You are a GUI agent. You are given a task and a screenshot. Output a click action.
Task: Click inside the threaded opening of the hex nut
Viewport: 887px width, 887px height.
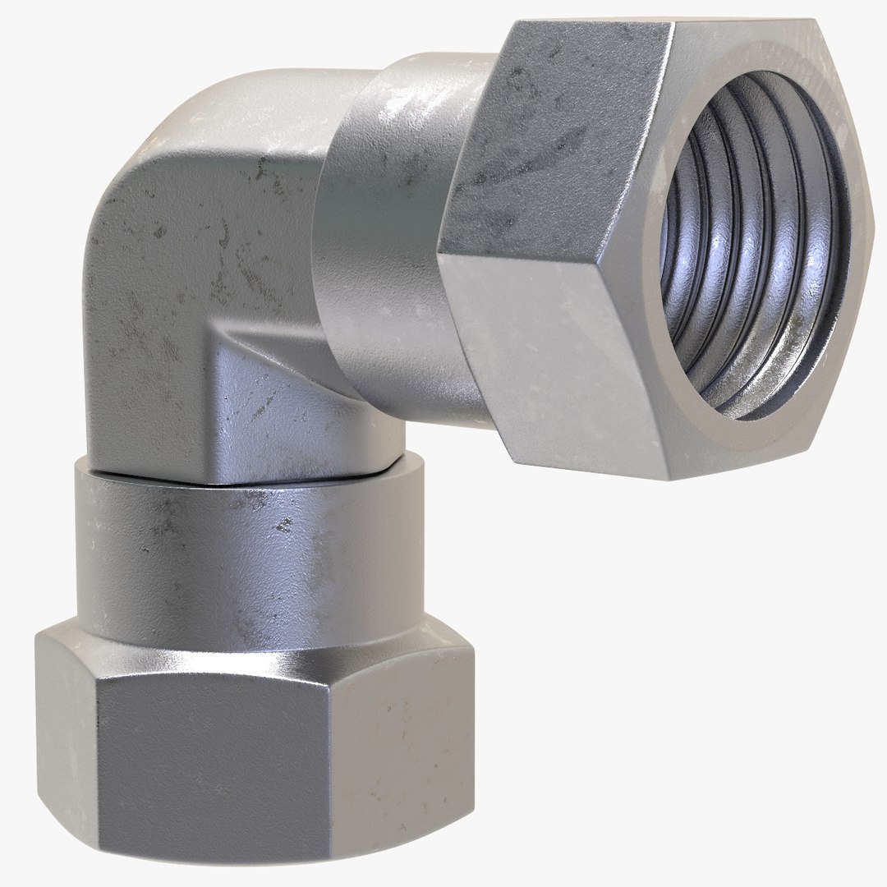[751, 246]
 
